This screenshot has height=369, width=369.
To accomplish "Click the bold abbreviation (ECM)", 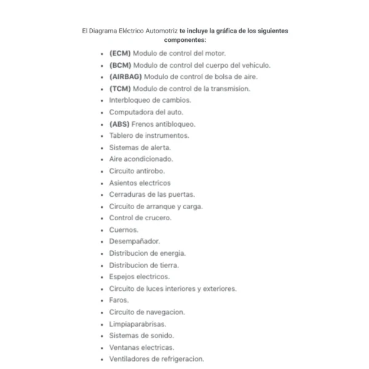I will [x=121, y=53].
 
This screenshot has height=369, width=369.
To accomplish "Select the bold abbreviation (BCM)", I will [x=121, y=65].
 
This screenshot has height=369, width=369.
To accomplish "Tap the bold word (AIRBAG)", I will [x=125, y=76].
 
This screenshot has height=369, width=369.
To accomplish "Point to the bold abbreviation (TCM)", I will [x=121, y=89].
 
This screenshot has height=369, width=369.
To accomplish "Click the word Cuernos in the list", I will [x=119, y=229].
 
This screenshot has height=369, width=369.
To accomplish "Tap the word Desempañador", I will [x=130, y=241].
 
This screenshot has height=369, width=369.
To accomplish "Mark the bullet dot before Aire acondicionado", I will [x=101, y=159].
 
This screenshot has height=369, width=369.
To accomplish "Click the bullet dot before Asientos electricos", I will [x=101, y=183].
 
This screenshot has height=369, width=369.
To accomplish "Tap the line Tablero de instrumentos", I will [x=149, y=135].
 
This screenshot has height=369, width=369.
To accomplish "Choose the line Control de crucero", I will [x=140, y=218].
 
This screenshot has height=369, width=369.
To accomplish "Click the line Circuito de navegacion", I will [x=147, y=312].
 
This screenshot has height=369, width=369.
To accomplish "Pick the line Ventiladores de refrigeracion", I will [x=156, y=359].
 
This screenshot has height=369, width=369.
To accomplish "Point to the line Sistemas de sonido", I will [x=141, y=335].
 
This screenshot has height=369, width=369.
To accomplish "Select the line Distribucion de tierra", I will [x=144, y=265].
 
